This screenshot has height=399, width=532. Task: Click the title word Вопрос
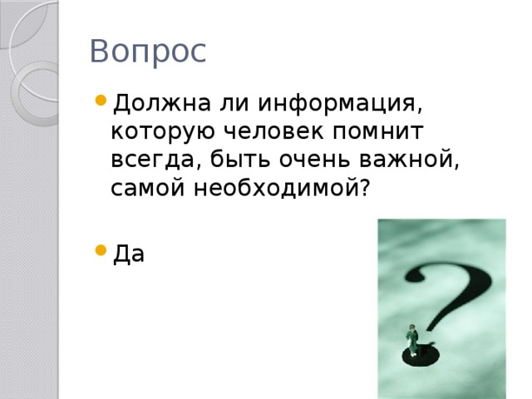[147, 52]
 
